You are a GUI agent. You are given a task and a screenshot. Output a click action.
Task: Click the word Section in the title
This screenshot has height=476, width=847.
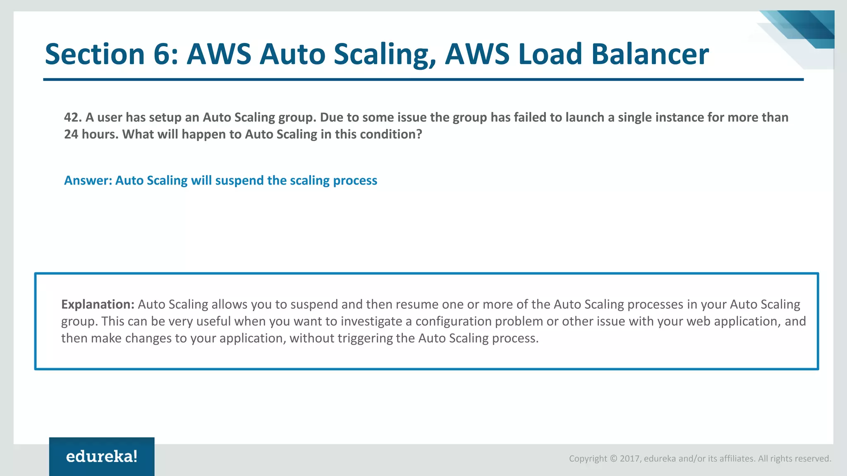[95, 54]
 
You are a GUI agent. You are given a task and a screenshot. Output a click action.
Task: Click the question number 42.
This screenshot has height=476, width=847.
[73, 117]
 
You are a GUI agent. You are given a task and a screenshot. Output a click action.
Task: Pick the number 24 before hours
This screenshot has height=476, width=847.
[71, 134]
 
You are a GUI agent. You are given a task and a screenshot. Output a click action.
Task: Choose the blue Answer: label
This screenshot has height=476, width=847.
[88, 181]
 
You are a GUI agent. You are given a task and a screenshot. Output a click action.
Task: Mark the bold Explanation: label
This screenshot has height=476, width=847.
[98, 305]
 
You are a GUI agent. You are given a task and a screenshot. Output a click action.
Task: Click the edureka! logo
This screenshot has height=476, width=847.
[102, 457]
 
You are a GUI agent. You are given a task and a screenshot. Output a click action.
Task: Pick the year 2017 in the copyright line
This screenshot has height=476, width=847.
[630, 459]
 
